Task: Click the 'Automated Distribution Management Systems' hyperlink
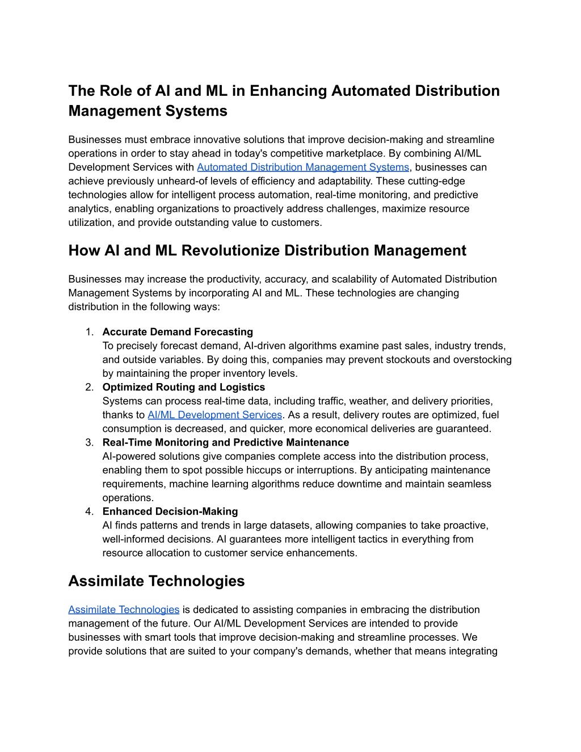[x=302, y=167]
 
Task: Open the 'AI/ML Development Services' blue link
[x=214, y=415]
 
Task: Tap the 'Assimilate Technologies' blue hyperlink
[x=124, y=610]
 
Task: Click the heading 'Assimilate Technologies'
[x=157, y=581]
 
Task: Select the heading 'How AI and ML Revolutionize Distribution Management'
[x=267, y=251]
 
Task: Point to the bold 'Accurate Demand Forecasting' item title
[x=178, y=332]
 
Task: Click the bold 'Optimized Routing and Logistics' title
[x=183, y=387]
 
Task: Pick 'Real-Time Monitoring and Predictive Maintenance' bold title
[x=225, y=442]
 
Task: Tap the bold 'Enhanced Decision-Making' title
[x=170, y=511]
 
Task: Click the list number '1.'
[x=89, y=332]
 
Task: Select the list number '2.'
[x=89, y=387]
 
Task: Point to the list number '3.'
[x=89, y=442]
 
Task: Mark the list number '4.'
[x=89, y=511]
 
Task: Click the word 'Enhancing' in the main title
[x=289, y=91]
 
